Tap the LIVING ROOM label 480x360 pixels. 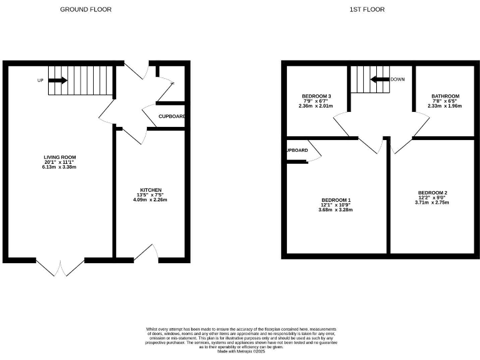60,157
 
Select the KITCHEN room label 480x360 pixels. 151,190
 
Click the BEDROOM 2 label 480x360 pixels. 432,192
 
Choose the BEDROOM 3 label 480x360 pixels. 316,96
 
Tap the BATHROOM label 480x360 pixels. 444,96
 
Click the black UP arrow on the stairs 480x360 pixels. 57,80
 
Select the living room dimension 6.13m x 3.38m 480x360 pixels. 60,167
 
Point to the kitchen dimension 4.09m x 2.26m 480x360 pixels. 151,200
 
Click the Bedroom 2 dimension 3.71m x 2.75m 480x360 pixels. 432,202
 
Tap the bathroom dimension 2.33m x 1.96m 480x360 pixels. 444,106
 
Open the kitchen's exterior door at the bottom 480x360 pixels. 147,253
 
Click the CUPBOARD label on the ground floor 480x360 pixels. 171,117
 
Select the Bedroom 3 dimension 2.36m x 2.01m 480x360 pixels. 316,106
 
